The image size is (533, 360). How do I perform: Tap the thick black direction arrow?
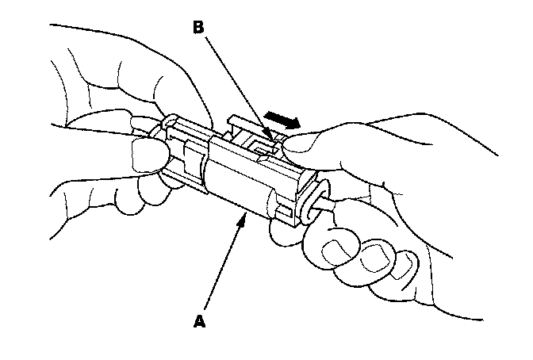[x=283, y=121]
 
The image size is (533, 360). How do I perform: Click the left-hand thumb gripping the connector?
[x=147, y=155]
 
